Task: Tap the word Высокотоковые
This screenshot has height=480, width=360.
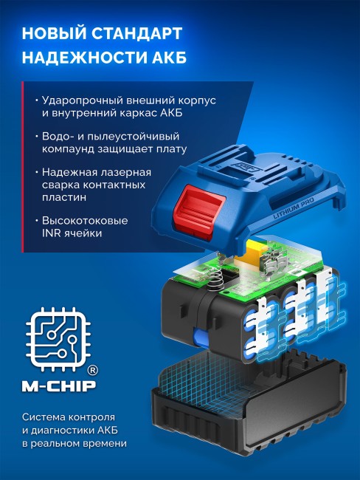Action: (86, 221)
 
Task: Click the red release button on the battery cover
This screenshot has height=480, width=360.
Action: (197, 213)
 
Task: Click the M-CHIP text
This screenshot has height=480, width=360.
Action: (58, 387)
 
